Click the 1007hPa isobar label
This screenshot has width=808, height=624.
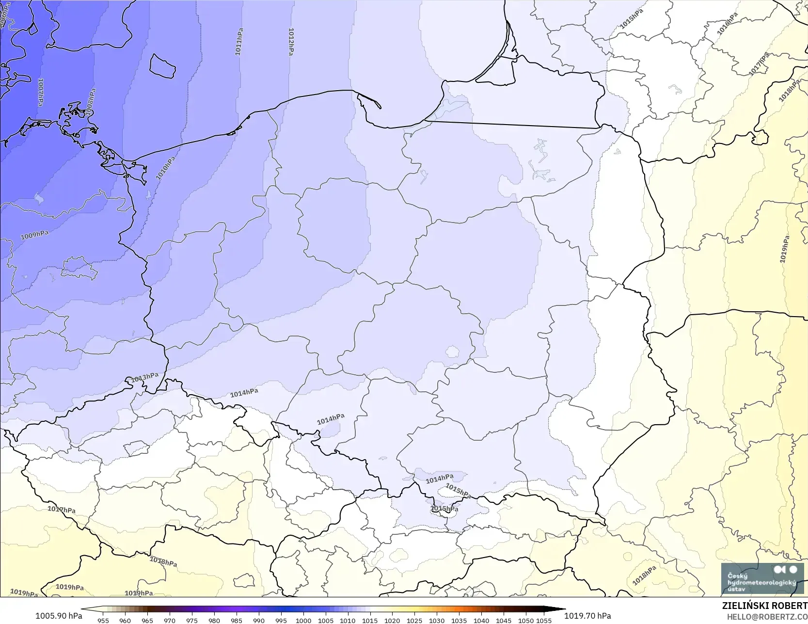coord(41,92)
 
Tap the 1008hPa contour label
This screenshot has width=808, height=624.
coord(90,102)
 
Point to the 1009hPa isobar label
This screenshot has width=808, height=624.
coord(34,236)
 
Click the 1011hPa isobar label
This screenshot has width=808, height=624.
coord(239,42)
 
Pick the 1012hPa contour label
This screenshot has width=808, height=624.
coord(291,42)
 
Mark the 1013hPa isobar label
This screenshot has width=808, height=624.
coord(145,377)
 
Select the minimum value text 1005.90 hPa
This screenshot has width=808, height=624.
coord(59,616)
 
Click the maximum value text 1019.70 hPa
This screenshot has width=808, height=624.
coord(587,616)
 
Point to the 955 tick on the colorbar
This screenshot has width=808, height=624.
coord(103,620)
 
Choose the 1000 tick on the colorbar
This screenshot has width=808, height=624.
coord(303,620)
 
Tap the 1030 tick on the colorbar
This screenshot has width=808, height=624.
coord(437,620)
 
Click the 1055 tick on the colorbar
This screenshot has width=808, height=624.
coord(544,620)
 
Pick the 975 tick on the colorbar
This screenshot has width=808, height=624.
coord(192,620)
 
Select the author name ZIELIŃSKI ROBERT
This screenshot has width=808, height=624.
coord(764,606)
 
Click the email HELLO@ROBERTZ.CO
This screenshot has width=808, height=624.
coord(767,616)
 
